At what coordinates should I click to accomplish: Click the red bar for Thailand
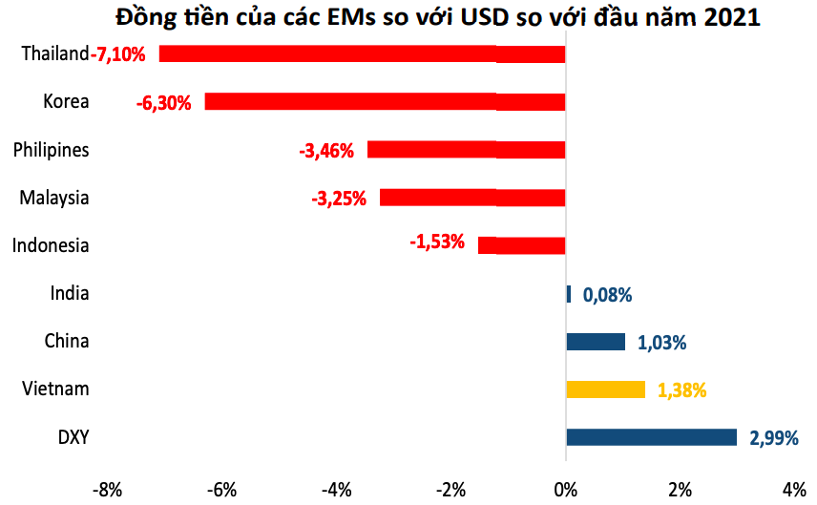363,53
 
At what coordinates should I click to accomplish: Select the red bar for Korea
386,101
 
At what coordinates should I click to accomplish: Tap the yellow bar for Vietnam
605,389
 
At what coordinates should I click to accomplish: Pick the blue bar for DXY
651,437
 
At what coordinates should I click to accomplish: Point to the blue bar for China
596,342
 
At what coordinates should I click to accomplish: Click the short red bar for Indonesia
521,245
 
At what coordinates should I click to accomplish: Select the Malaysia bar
472,198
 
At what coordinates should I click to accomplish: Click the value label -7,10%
118,54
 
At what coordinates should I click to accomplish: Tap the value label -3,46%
326,150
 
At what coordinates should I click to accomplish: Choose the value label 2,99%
774,438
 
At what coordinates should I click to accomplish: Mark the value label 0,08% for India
607,295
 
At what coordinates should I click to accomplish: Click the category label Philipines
51,150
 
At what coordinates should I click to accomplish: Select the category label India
69,293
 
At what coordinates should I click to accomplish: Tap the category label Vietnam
54,389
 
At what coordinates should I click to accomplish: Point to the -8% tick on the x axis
106,491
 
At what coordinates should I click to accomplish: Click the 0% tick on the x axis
566,491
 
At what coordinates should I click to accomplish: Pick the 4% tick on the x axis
794,491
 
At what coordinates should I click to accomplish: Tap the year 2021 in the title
732,17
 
